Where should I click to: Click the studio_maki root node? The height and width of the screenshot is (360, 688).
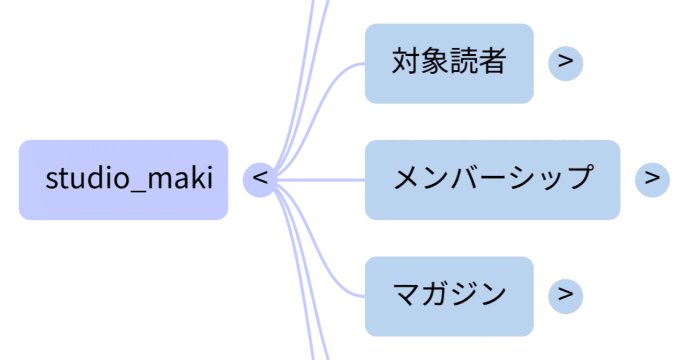[x=124, y=179]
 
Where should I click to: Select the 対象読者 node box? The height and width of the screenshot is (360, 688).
[x=449, y=63]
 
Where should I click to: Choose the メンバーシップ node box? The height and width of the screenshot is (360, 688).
[x=492, y=179]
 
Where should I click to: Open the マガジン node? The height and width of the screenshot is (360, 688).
[x=449, y=296]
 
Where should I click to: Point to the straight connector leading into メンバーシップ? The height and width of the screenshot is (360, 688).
[x=322, y=179]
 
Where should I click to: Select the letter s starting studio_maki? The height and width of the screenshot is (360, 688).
[x=51, y=179]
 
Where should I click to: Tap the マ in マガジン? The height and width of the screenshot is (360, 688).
[x=407, y=294]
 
